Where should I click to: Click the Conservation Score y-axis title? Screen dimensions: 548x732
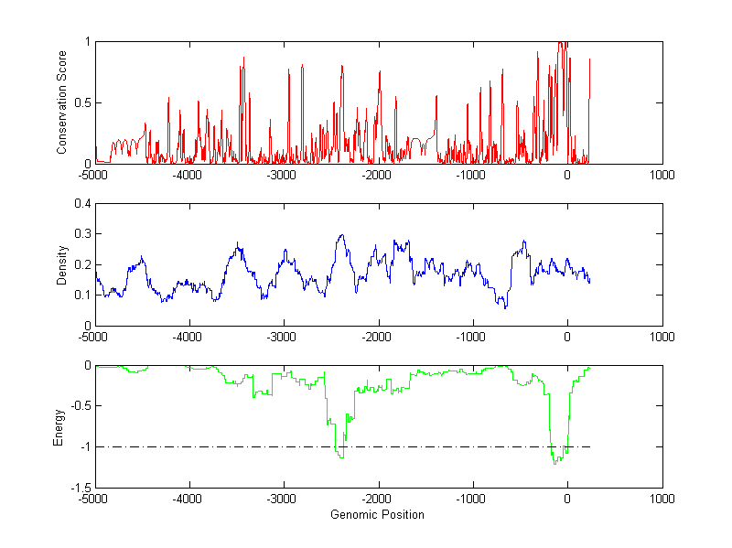pos(62,102)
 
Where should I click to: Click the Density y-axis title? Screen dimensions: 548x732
pos(62,264)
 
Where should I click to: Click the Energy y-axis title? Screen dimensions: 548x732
pos(59,426)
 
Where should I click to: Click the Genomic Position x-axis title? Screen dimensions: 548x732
pos(377,515)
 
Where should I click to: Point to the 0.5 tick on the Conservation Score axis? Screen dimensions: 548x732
pos(82,102)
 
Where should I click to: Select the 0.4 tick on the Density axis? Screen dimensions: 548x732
pos(82,204)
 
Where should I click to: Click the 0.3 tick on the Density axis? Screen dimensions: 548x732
pos(82,234)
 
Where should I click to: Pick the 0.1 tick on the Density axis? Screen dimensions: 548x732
pos(82,295)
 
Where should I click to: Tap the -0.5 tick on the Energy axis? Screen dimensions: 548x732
pos(81,406)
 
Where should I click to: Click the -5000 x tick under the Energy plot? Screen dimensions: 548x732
pos(95,499)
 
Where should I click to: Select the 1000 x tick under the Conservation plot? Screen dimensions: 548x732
pos(662,175)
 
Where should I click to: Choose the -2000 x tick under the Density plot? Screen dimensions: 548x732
pos(378,337)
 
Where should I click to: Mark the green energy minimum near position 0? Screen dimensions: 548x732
pos(554,464)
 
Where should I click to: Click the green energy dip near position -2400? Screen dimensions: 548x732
pos(340,457)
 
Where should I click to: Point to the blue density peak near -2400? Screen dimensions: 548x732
pos(341,235)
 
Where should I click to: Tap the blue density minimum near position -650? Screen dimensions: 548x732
pos(505,308)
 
